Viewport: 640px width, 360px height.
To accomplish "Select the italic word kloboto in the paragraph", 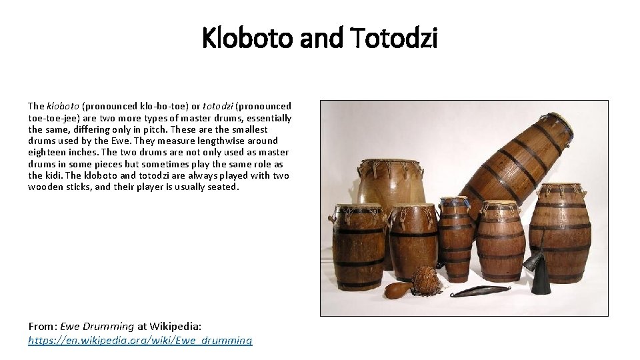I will pos(63,106).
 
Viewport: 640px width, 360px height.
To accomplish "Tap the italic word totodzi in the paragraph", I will pos(219,106).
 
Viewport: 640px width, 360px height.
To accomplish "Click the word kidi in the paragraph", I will pos(50,175).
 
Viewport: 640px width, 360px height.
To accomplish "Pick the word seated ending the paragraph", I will pos(222,187).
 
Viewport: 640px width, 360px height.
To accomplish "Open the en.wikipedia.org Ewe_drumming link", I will pos(140,340).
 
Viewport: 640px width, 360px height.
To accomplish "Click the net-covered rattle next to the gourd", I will pos(425,278).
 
